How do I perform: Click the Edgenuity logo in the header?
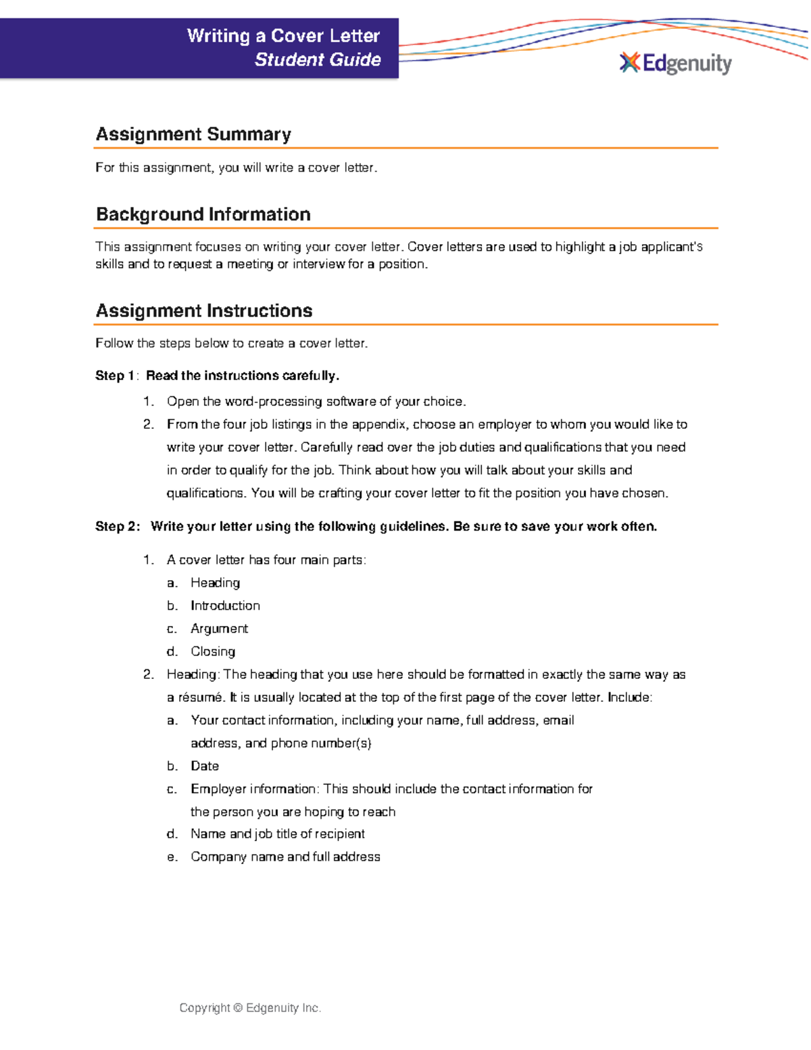click(x=675, y=64)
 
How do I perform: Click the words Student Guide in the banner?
click(x=318, y=60)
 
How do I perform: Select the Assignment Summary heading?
click(x=193, y=134)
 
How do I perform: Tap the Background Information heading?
click(x=203, y=214)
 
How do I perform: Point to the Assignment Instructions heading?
click(x=203, y=311)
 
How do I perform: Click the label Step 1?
click(x=115, y=376)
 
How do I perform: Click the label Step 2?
click(x=116, y=527)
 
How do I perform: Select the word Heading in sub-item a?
click(x=215, y=583)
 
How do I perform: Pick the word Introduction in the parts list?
click(x=225, y=606)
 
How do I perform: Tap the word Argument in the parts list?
click(x=219, y=629)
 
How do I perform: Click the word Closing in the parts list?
click(x=213, y=652)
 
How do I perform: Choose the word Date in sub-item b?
click(x=205, y=766)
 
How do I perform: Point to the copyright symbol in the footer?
click(x=237, y=1008)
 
